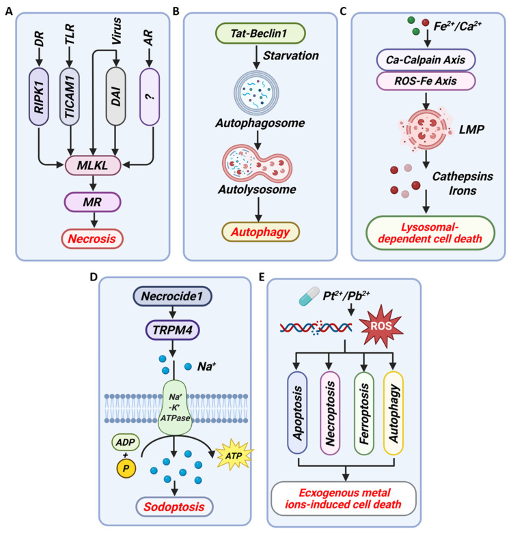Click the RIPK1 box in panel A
coord(39,96)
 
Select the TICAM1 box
coord(70,96)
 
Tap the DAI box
coord(115,96)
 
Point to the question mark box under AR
coord(150,96)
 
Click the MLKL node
coord(93,166)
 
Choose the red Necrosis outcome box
coord(92,239)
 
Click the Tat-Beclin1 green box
coord(260,33)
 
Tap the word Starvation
coord(291,56)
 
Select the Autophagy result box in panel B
coord(260,232)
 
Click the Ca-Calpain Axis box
coord(426,60)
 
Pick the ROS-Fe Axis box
coord(426,81)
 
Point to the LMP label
coord(471,130)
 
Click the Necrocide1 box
coord(172,296)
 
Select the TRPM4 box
coord(172,330)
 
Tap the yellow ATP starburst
coord(234,455)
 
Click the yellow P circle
coord(126,468)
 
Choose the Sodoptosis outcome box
coord(174,507)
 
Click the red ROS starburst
coord(381,326)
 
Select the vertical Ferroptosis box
coord(364,413)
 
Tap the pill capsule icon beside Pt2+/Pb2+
coord(309,296)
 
